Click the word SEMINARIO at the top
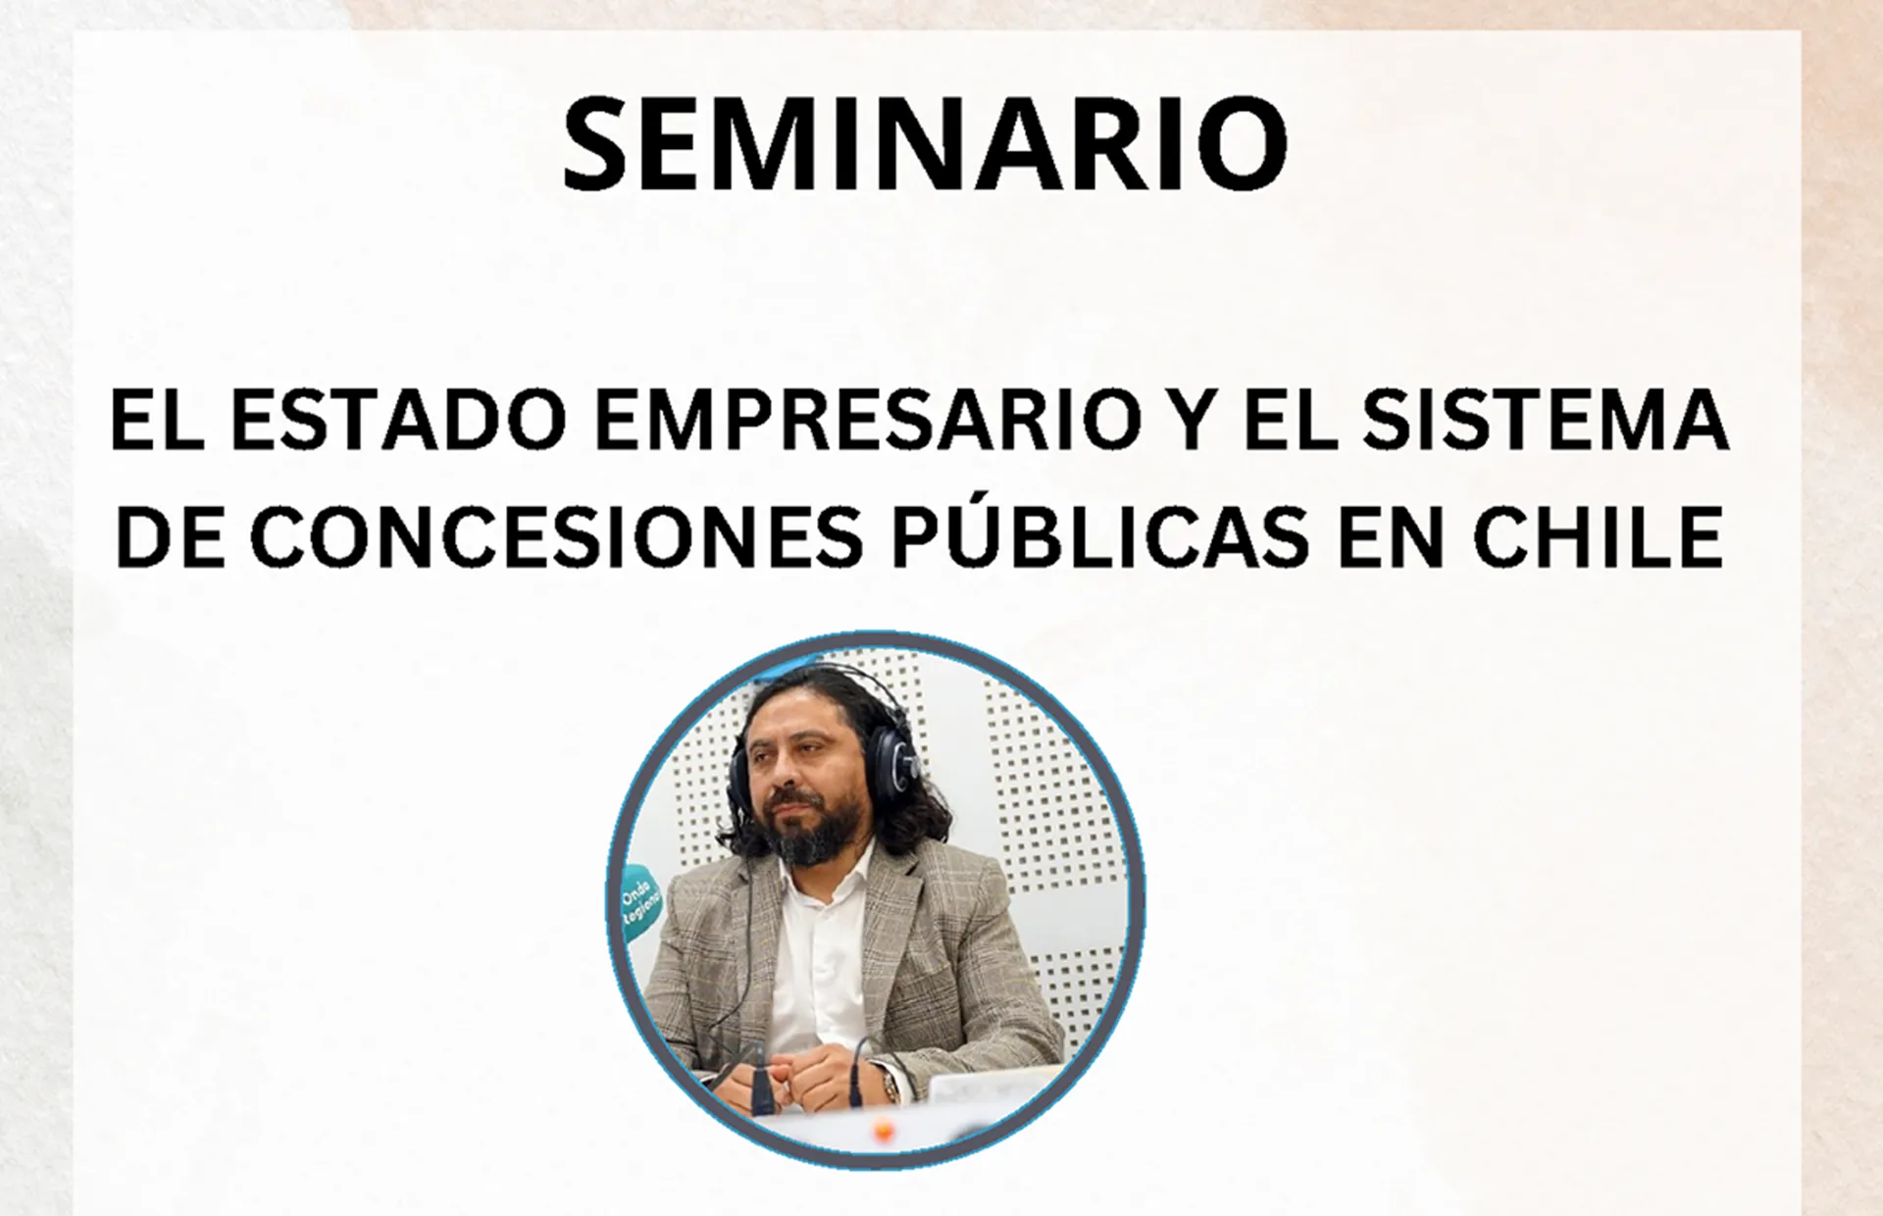[925, 144]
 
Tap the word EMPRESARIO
[869, 420]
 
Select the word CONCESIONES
[557, 536]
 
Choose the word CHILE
[1598, 536]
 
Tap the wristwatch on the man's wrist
[889, 1084]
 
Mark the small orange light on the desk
[883, 1131]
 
